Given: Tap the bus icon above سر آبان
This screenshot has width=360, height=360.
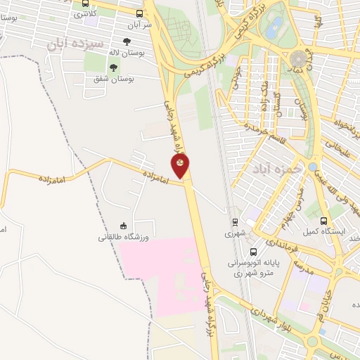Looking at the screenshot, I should tap(139, 13).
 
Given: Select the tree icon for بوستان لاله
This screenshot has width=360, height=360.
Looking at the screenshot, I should tap(127, 41).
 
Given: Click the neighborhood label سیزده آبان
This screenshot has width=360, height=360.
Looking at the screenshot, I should tap(65, 44).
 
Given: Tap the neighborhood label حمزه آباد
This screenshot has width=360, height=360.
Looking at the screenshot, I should tap(274, 169).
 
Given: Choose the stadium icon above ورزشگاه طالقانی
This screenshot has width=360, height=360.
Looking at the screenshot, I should tap(124, 225).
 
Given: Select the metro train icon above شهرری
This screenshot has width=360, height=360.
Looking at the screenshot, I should tap(236, 221).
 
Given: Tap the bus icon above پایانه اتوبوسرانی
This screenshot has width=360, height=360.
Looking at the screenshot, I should tap(253, 251).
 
